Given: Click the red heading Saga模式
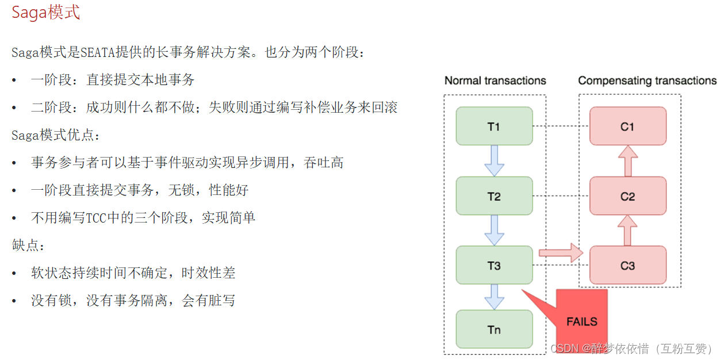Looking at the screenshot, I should click(x=46, y=13).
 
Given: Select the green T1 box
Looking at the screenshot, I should click(x=494, y=126).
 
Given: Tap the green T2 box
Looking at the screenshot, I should click(x=494, y=196).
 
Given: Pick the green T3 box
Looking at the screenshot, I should click(x=494, y=265).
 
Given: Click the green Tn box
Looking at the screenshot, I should click(x=494, y=330).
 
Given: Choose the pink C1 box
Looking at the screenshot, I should click(x=627, y=126).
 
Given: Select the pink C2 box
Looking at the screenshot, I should click(x=627, y=196).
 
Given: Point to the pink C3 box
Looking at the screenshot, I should click(x=627, y=265).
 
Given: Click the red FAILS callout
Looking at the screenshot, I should click(x=581, y=320).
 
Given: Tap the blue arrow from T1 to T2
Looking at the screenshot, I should click(x=494, y=161).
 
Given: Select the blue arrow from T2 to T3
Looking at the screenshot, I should click(x=494, y=231).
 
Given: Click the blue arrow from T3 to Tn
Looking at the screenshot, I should click(x=494, y=297).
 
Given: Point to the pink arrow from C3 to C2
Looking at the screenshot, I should click(x=627, y=230).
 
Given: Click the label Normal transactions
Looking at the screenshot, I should click(x=495, y=81).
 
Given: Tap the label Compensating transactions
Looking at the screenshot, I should click(x=647, y=81).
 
